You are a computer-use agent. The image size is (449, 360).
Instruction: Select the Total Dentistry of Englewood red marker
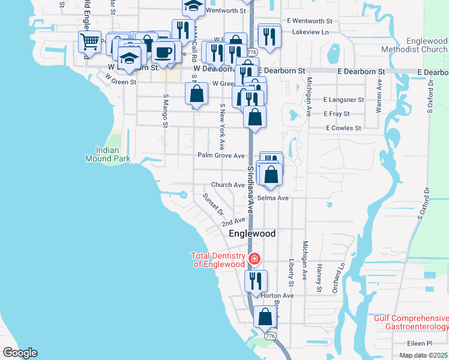[x=255, y=259]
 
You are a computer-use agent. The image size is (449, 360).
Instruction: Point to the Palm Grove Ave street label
[x=221, y=155]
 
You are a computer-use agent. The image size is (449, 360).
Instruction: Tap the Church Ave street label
[x=228, y=185]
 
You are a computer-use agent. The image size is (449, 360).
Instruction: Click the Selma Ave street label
[x=273, y=197]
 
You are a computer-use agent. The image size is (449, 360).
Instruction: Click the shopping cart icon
[x=89, y=42]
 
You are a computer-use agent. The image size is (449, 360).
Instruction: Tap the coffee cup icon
[x=163, y=52]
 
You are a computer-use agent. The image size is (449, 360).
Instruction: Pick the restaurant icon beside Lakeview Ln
[x=270, y=37]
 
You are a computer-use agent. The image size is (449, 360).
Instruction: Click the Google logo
[x=20, y=353]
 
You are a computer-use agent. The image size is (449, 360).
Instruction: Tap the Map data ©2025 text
[x=423, y=355]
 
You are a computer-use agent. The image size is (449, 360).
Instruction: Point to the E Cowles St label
[x=343, y=128]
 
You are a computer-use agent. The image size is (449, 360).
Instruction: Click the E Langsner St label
[x=343, y=100]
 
